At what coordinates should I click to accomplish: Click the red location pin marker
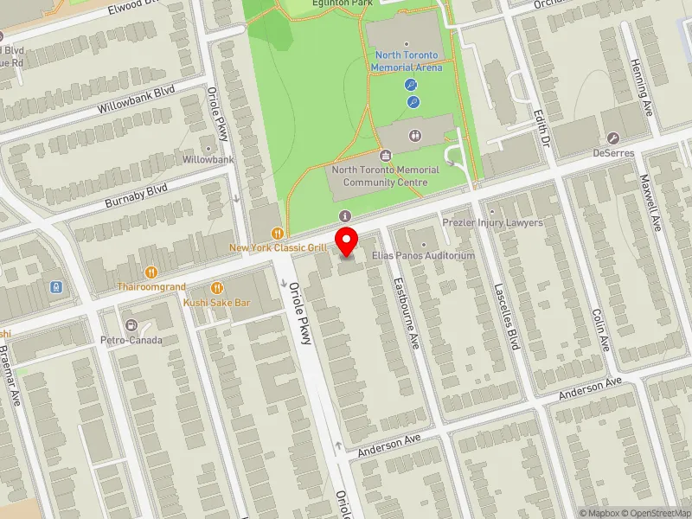(347, 241)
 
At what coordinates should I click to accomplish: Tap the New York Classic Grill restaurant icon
(277, 233)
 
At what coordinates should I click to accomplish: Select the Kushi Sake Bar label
(216, 303)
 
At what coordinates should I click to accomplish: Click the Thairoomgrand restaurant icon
(151, 272)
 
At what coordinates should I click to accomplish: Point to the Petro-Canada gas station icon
(131, 325)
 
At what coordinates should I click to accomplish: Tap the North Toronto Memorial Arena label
(407, 61)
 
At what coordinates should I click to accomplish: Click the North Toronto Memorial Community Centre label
(386, 176)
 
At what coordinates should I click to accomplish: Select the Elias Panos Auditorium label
(424, 256)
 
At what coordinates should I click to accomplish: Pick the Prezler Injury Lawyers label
(493, 222)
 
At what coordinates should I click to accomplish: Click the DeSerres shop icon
(613, 138)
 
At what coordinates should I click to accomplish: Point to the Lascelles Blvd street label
(507, 317)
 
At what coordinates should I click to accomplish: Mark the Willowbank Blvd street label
(136, 100)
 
